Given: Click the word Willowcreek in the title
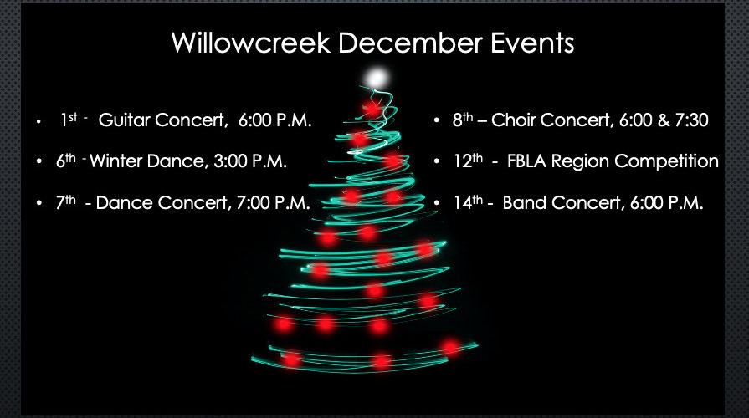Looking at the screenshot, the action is [x=251, y=43].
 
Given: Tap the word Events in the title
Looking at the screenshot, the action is [x=532, y=43].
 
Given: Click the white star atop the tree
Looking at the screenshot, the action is [x=377, y=78].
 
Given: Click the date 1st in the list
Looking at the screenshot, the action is [x=69, y=120].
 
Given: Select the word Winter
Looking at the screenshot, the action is [x=117, y=161].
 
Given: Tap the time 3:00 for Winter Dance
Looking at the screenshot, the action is [x=230, y=161].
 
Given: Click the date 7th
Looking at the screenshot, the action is [x=65, y=203].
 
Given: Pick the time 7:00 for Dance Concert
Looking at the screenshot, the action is [x=254, y=203].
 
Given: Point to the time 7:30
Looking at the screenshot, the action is [x=691, y=120].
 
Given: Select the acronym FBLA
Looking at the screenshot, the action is [x=526, y=161].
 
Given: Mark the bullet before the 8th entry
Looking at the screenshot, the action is [x=437, y=120].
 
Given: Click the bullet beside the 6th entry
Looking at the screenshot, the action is [x=39, y=162].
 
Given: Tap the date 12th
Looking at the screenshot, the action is [x=468, y=161].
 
